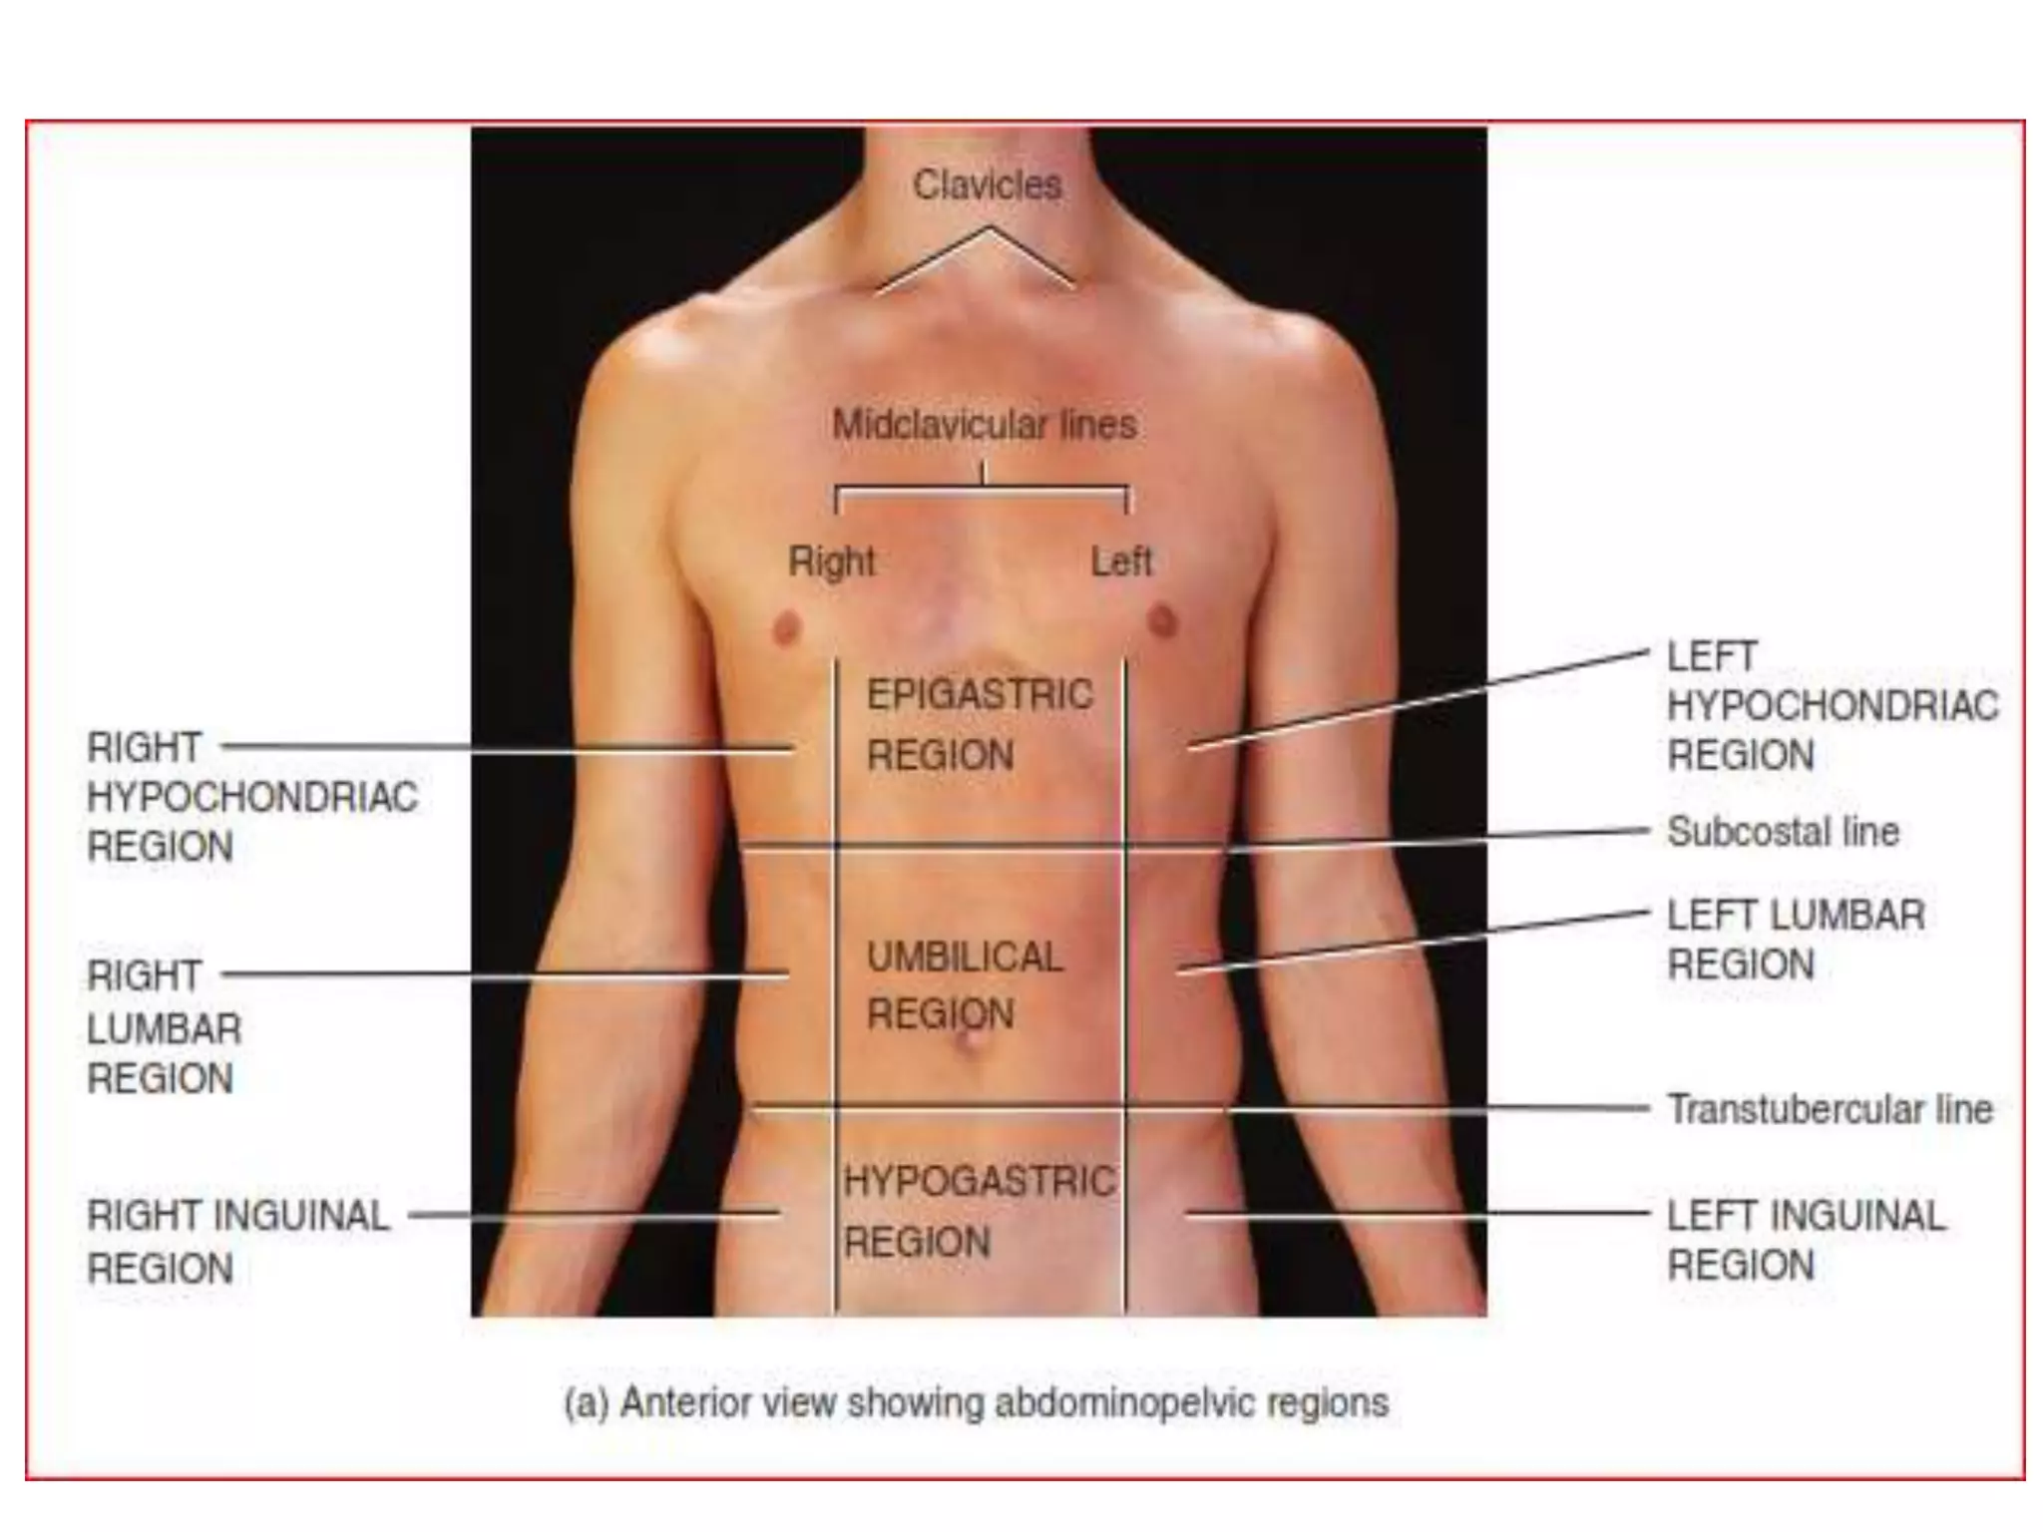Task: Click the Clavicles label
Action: [987, 186]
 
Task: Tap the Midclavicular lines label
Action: [984, 425]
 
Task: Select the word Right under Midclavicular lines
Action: [831, 562]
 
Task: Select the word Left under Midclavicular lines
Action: [1121, 562]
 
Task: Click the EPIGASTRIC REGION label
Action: [979, 724]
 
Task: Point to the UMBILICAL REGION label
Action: [964, 985]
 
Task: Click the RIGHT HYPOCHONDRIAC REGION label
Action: [251, 797]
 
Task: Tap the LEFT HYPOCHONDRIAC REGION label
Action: [1832, 706]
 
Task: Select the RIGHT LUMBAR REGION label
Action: [164, 1027]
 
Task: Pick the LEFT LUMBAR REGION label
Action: [1795, 940]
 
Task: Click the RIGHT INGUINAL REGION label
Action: [237, 1241]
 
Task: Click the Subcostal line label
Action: [1783, 832]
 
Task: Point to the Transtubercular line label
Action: [1830, 1109]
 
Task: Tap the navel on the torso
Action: [970, 1043]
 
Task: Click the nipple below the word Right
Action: [787, 628]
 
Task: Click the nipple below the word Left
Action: [1162, 620]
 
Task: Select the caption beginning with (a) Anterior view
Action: [976, 1402]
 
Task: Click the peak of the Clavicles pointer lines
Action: [989, 228]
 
